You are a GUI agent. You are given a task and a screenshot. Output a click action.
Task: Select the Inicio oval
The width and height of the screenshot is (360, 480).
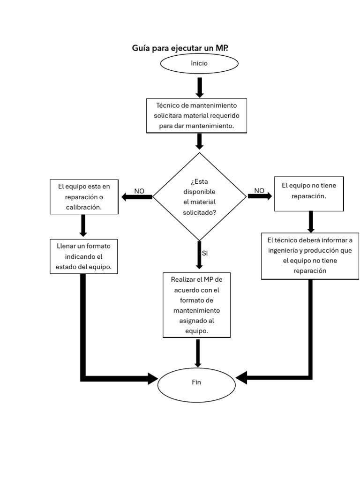pyautogui.click(x=199, y=63)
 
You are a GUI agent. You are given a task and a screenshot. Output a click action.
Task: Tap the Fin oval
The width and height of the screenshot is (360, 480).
pyautogui.click(x=196, y=382)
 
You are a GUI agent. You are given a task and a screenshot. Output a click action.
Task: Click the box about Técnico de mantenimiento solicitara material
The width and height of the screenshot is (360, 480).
pyautogui.click(x=196, y=116)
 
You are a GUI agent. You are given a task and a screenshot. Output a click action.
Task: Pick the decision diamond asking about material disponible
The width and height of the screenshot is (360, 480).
pyautogui.click(x=199, y=197)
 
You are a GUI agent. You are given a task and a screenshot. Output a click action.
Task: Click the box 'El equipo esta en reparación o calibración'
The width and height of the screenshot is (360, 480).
pyautogui.click(x=84, y=196)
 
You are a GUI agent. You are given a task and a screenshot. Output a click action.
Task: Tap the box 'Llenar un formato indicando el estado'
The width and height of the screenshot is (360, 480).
pyautogui.click(x=84, y=256)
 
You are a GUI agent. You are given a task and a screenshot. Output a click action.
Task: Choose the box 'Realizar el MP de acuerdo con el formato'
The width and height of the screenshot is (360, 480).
pyautogui.click(x=196, y=305)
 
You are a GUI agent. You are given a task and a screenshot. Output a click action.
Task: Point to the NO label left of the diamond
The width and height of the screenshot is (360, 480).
pyautogui.click(x=139, y=191)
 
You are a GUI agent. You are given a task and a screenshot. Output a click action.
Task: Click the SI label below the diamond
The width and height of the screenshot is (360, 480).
pyautogui.click(x=205, y=253)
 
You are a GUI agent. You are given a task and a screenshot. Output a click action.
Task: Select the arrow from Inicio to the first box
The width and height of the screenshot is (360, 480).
pyautogui.click(x=200, y=87)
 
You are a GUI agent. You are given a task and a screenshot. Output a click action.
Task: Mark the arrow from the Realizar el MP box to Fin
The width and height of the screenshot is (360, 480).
pyautogui.click(x=198, y=353)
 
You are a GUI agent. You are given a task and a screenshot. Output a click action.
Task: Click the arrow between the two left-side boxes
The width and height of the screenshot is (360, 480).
pyautogui.click(x=83, y=225)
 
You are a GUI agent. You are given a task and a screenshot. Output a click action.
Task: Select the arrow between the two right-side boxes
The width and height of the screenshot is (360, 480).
pyautogui.click(x=310, y=221)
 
